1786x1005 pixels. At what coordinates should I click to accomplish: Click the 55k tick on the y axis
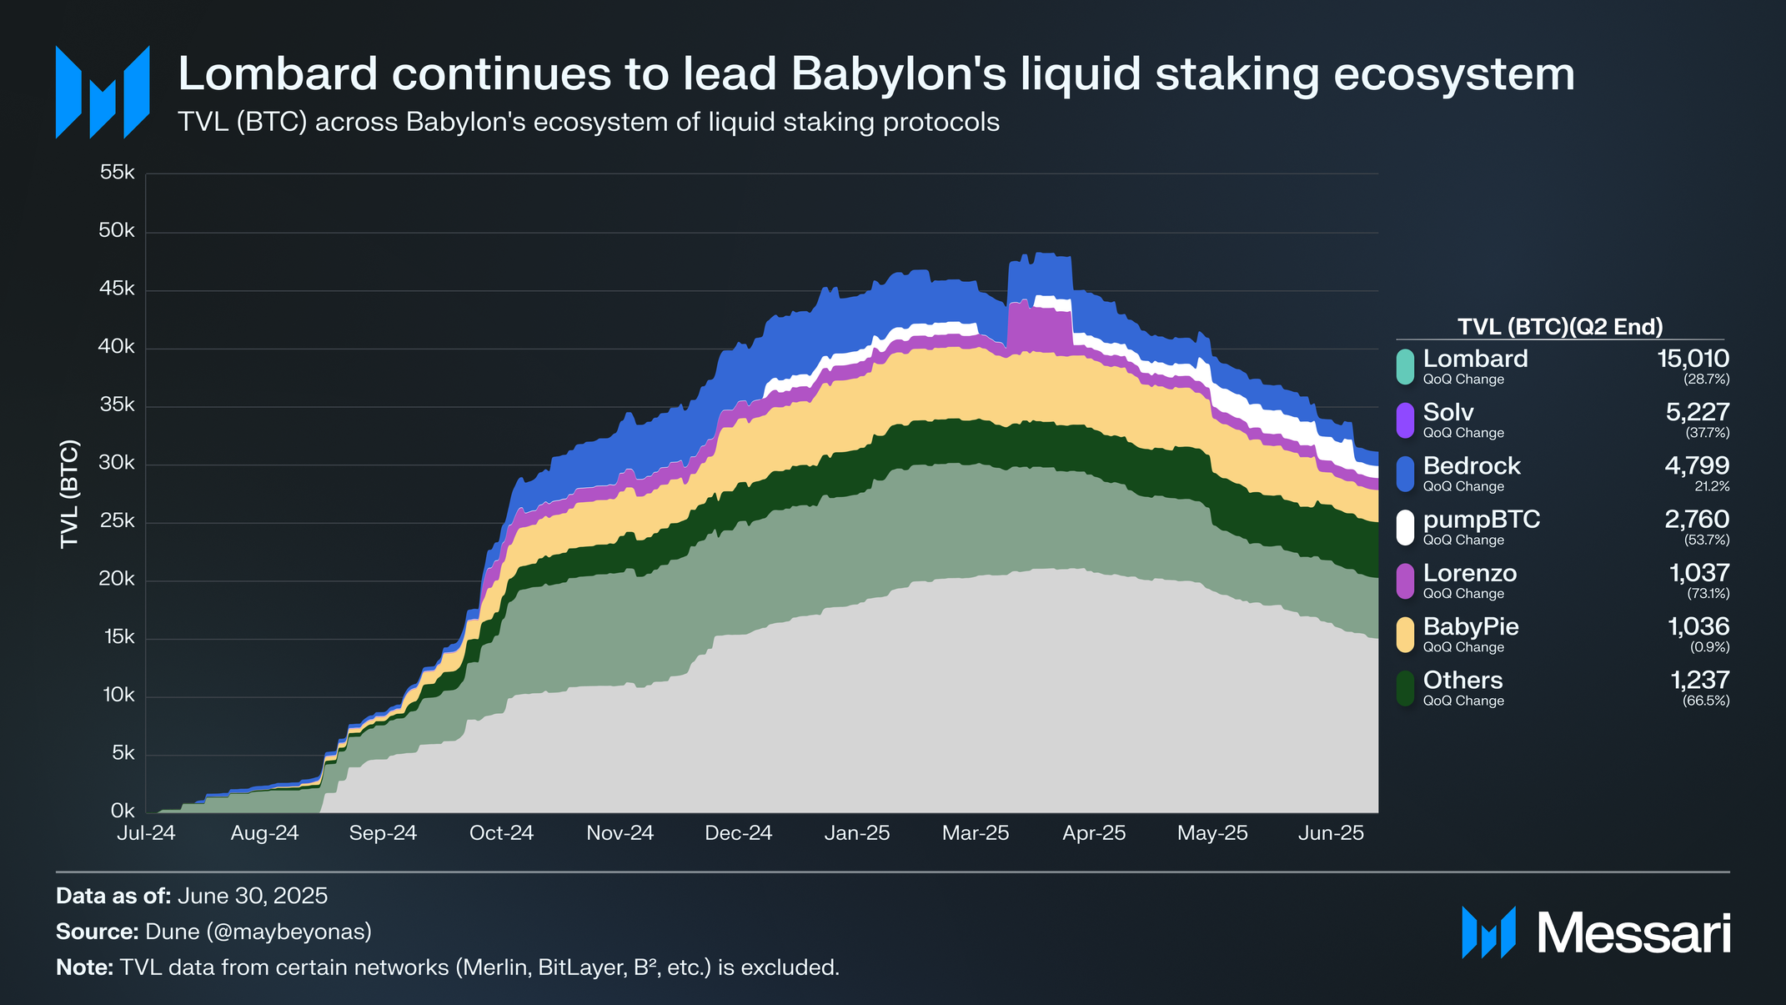pyautogui.click(x=117, y=173)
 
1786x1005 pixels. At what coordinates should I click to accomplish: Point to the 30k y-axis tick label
pyautogui.click(x=117, y=464)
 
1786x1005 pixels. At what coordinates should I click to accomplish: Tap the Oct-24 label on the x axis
pyautogui.click(x=501, y=833)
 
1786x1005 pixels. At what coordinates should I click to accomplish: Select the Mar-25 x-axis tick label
pyautogui.click(x=976, y=833)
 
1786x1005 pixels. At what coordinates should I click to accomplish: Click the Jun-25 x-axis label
pyautogui.click(x=1331, y=833)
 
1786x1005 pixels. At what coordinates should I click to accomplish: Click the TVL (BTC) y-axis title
pyautogui.click(x=69, y=494)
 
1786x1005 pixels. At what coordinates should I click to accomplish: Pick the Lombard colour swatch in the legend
pyautogui.click(x=1405, y=367)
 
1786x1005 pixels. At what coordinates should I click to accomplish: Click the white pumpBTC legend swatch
pyautogui.click(x=1405, y=528)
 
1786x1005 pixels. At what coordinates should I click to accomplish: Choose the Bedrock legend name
pyautogui.click(x=1472, y=465)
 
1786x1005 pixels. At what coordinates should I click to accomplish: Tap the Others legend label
pyautogui.click(x=1462, y=680)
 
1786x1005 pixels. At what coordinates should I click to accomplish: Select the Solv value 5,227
pyautogui.click(x=1697, y=412)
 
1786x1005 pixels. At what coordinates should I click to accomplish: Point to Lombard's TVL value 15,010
pyautogui.click(x=1693, y=359)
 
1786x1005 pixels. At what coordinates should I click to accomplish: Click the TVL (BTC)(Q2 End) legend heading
pyautogui.click(x=1560, y=327)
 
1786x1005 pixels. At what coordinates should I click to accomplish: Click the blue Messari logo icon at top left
pyautogui.click(x=103, y=92)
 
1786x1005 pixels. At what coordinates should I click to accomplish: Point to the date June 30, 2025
pyautogui.click(x=253, y=896)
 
